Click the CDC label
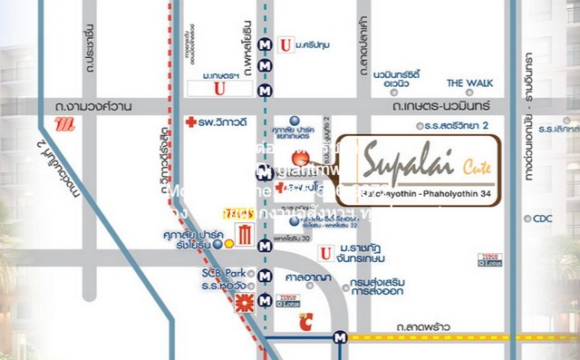click(x=543, y=218)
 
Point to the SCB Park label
click(x=218, y=273)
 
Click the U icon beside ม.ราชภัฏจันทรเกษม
click(x=324, y=252)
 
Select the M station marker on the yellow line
click(x=340, y=336)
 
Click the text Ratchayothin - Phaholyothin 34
click(x=420, y=192)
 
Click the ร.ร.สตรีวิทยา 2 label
click(x=455, y=125)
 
